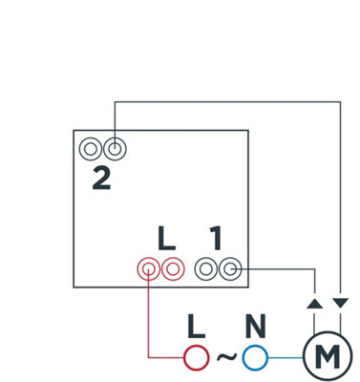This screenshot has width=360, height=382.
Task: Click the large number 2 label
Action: pyautogui.click(x=101, y=179)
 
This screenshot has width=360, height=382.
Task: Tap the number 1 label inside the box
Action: pyautogui.click(x=216, y=238)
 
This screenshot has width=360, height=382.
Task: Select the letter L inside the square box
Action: pyautogui.click(x=166, y=238)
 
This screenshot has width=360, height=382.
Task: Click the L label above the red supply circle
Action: pyautogui.click(x=196, y=327)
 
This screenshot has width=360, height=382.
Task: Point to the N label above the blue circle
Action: pyautogui.click(x=256, y=327)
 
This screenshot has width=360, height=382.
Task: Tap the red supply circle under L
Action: pyautogui.click(x=197, y=358)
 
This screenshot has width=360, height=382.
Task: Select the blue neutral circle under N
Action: pyautogui.click(x=255, y=358)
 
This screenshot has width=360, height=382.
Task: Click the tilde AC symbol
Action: pyautogui.click(x=226, y=356)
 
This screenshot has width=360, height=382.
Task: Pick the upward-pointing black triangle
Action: pyautogui.click(x=315, y=304)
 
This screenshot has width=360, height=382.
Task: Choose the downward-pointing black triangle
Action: pyautogui.click(x=341, y=303)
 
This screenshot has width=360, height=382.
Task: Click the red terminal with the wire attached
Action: pyautogui.click(x=148, y=269)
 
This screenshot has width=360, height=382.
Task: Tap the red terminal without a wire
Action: pyautogui.click(x=173, y=269)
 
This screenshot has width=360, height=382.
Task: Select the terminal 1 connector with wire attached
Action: pyautogui.click(x=229, y=269)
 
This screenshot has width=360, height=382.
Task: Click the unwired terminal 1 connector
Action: pyautogui.click(x=206, y=269)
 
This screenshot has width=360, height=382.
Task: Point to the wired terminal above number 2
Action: pyautogui.click(x=115, y=149)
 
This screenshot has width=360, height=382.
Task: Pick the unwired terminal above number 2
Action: pyautogui.click(x=91, y=149)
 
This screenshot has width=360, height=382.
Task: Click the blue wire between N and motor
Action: pyautogui.click(x=286, y=358)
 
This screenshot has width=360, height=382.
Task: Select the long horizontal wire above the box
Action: pyautogui.click(x=227, y=102)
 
